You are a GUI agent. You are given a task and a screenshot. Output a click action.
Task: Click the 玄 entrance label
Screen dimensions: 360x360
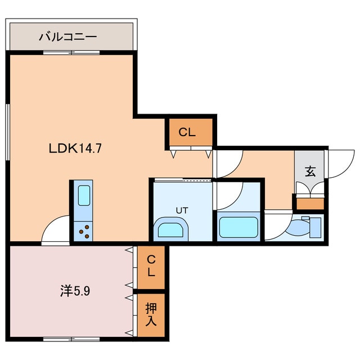pyautogui.click(x=310, y=172)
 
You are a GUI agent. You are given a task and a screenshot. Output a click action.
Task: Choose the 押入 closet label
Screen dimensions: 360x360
pyautogui.click(x=151, y=315)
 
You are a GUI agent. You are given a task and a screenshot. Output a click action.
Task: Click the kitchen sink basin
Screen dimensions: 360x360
pyautogui.click(x=83, y=196)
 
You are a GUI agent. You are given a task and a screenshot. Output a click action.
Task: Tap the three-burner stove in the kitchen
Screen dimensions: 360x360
pyautogui.click(x=84, y=231)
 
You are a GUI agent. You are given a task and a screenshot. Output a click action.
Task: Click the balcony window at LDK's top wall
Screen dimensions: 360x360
pyautogui.click(x=71, y=52)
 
